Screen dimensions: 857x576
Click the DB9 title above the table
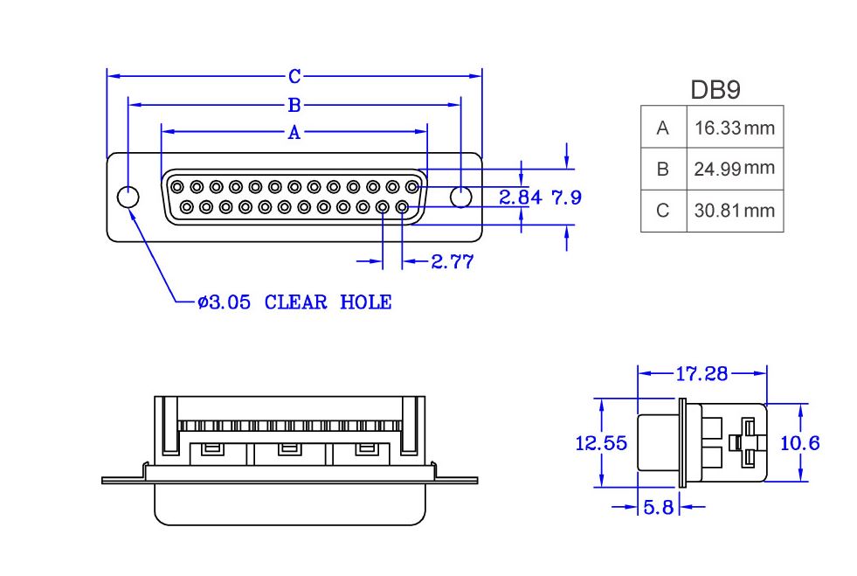click(715, 90)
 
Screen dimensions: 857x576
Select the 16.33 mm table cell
click(735, 128)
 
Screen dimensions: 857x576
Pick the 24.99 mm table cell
click(735, 169)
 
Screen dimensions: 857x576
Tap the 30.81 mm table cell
click(735, 211)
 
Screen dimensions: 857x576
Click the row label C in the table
click(662, 211)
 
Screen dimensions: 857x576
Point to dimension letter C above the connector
click(294, 77)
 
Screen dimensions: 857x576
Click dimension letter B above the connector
click(294, 105)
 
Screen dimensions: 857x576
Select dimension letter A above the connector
click(294, 132)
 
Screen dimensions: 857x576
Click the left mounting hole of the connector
click(128, 197)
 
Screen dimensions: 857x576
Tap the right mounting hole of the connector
click(460, 197)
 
